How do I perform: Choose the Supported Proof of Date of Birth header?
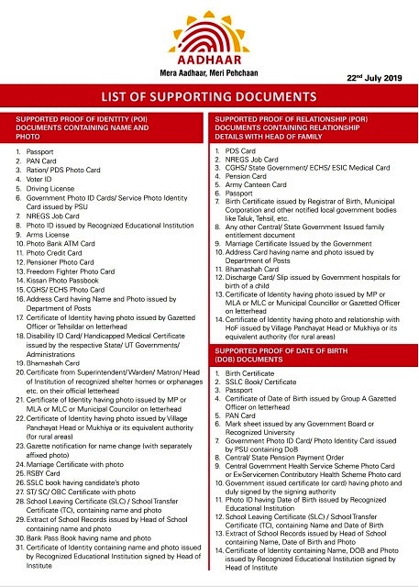[x=312, y=356]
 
